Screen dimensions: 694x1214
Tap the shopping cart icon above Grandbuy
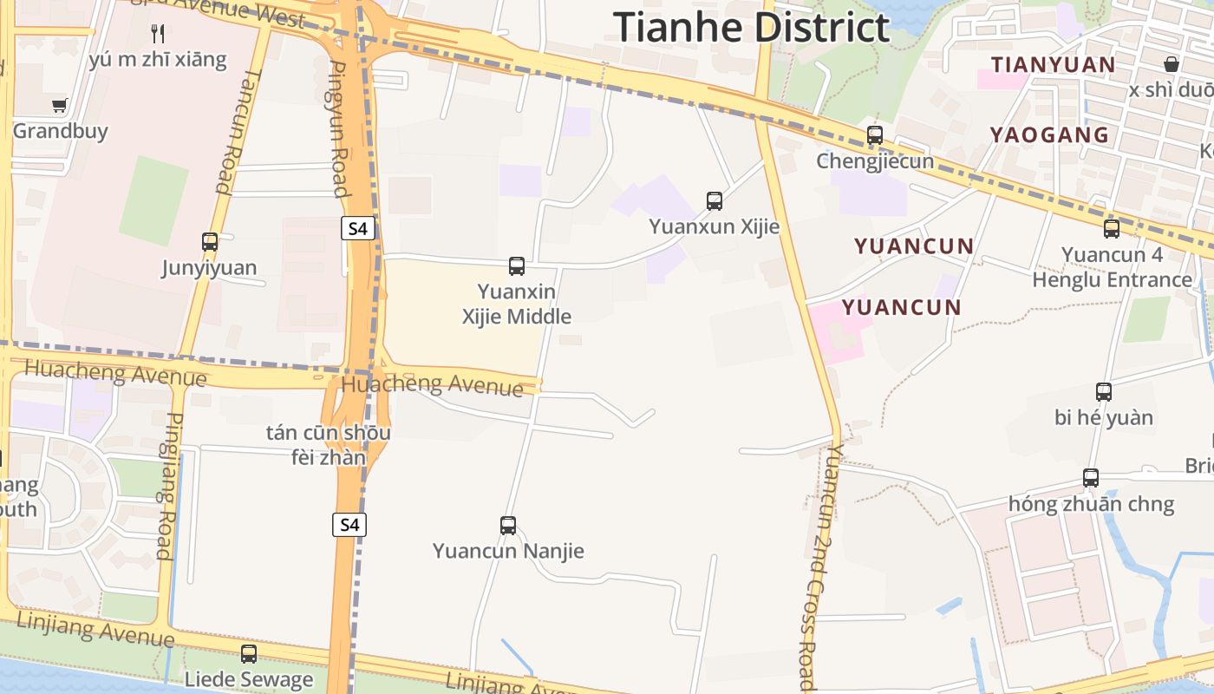click(60, 106)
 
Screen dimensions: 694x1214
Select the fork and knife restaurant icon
click(158, 34)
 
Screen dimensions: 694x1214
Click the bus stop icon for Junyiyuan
click(210, 242)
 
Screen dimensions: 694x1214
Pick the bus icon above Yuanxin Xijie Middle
click(517, 266)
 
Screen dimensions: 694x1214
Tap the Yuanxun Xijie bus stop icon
click(715, 201)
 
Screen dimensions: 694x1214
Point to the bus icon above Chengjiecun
click(875, 135)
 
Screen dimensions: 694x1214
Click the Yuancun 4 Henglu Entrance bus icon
click(1112, 229)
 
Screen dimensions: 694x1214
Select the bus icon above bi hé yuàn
click(1104, 392)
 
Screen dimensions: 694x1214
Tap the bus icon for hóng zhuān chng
click(1091, 478)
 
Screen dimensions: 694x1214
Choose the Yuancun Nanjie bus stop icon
click(508, 526)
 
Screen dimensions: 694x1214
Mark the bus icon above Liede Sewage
click(249, 654)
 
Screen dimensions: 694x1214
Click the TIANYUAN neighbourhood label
click(1054, 65)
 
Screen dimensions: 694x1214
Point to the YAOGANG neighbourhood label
click(1050, 134)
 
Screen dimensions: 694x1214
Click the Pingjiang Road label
click(166, 486)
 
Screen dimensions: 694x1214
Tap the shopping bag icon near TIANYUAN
click(1172, 64)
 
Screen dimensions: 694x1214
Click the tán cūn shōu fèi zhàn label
click(328, 444)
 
